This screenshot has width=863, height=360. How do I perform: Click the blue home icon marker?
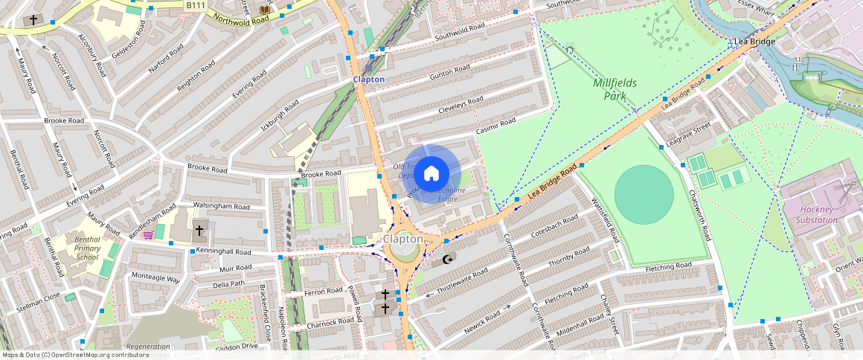click(431, 174)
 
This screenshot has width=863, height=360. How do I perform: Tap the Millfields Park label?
click(615, 89)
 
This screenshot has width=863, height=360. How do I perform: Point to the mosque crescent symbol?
click(447, 259)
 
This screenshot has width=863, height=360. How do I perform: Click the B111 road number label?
click(196, 5)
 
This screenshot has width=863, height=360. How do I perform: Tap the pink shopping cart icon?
click(148, 235)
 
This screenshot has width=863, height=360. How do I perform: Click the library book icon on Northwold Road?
click(264, 9)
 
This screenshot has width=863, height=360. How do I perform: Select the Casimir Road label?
click(495, 123)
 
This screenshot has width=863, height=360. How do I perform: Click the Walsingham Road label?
click(221, 206)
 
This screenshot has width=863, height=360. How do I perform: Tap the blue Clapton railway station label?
click(368, 79)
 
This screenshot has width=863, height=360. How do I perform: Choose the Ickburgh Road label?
click(280, 116)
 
